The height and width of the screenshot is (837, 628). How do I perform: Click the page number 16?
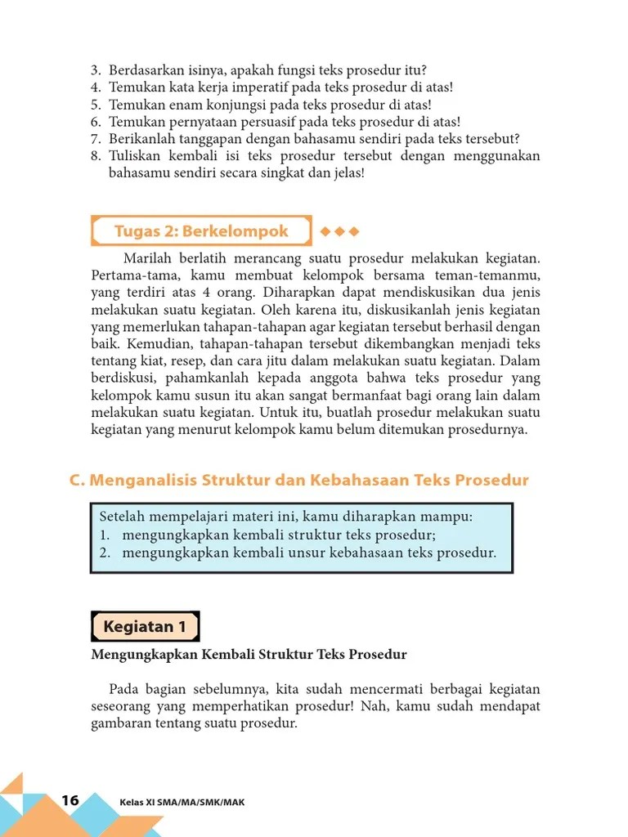click(x=70, y=800)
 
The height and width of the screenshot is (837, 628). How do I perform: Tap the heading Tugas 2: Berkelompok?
click(x=201, y=231)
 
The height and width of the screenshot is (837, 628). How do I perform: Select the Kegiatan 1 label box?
click(x=145, y=627)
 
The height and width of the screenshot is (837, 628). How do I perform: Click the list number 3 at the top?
click(x=96, y=69)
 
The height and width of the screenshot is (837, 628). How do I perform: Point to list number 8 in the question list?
click(x=96, y=156)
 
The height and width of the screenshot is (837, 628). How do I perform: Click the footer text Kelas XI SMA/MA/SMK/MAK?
click(x=182, y=802)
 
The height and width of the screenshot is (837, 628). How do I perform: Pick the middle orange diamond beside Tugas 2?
click(x=339, y=231)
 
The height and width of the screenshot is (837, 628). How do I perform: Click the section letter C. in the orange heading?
click(x=78, y=481)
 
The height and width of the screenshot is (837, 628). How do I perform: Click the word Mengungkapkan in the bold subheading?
click(x=134, y=655)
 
